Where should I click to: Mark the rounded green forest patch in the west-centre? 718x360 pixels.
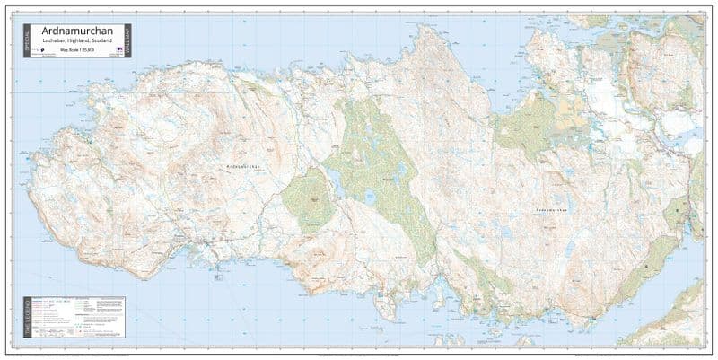(x=308, y=198)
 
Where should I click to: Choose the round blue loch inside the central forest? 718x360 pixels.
(x=370, y=196)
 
